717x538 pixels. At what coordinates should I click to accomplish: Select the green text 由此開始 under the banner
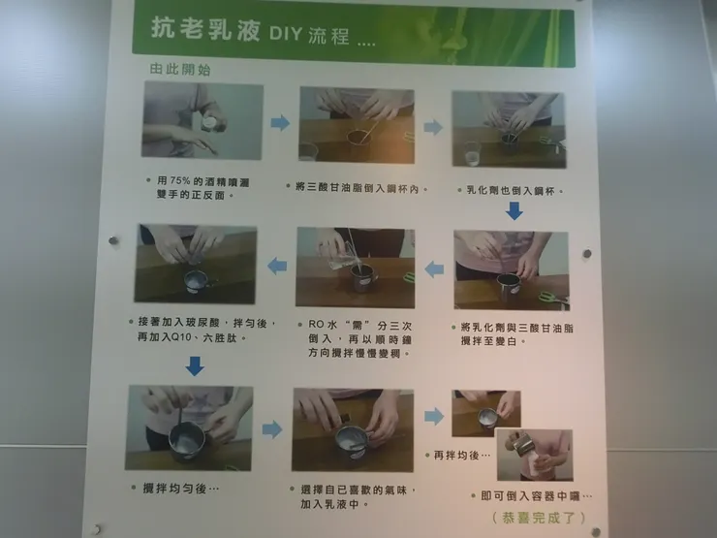point(179,70)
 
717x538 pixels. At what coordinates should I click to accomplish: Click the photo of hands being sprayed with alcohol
point(202,121)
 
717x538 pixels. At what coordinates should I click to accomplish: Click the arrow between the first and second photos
point(280,123)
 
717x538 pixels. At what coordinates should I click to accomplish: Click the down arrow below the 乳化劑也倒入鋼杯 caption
point(514,211)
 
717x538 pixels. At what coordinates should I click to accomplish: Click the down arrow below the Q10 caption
point(194,365)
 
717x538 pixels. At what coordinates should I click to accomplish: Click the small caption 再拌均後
point(457,454)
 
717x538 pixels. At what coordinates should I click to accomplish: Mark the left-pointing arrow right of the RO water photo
point(434,269)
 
